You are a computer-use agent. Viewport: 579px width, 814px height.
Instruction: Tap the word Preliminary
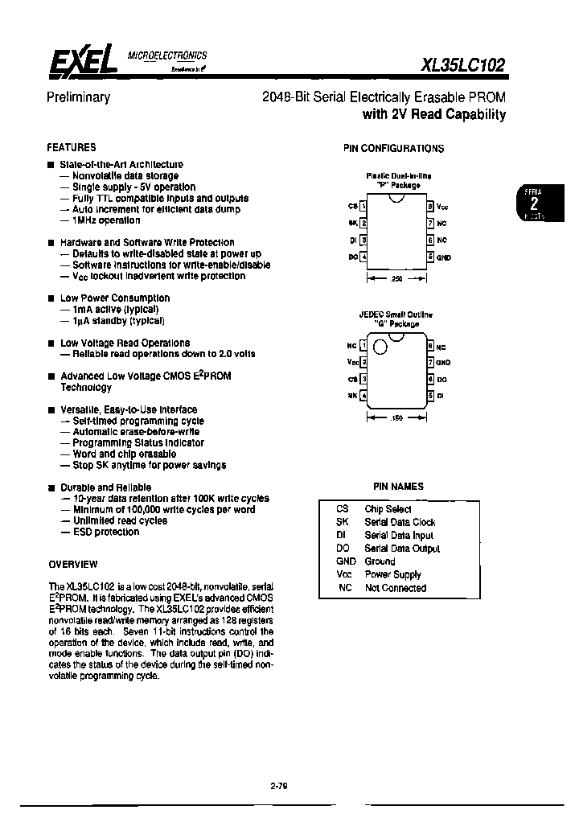(x=78, y=97)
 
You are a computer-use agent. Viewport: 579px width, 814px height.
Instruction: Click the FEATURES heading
(x=72, y=147)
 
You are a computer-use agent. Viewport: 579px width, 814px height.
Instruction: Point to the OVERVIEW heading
(x=73, y=564)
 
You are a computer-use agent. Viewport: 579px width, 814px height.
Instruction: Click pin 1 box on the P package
(x=364, y=206)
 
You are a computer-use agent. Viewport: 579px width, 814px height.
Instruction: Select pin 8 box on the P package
(x=430, y=206)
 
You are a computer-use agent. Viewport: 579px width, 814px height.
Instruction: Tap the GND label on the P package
(x=445, y=257)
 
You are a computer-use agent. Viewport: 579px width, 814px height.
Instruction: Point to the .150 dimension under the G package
(x=397, y=417)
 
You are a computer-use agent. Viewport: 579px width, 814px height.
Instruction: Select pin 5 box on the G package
(x=430, y=395)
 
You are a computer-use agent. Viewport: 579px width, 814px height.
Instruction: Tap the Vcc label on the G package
(x=351, y=362)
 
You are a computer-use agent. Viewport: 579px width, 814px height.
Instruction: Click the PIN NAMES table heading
(x=398, y=486)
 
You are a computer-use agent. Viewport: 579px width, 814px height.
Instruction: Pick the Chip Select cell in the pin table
(x=388, y=509)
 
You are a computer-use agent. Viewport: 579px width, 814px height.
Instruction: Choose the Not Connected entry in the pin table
(x=395, y=588)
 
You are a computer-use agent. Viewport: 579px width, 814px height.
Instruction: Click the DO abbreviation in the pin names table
(x=341, y=549)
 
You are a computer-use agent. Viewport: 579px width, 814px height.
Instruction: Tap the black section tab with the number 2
(x=534, y=203)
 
